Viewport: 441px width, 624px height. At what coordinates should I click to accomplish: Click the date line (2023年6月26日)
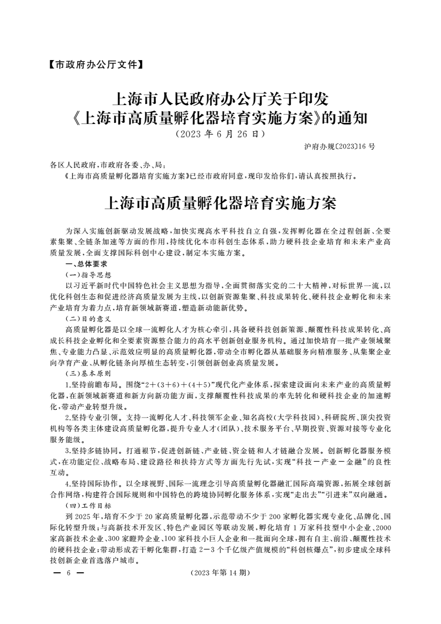point(220,134)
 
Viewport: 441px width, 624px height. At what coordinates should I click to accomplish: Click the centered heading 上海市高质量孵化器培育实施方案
point(220,203)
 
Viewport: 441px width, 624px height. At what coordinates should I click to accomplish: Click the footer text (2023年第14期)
point(220,572)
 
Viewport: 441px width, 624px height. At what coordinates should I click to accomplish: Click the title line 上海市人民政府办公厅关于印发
point(220,100)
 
